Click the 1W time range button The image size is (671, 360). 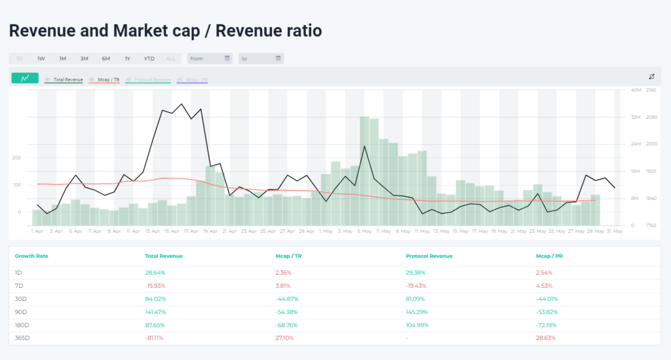[41, 58]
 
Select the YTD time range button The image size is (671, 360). [149, 58]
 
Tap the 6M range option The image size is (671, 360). [105, 58]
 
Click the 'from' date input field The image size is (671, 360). [209, 58]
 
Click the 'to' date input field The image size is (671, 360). [260, 58]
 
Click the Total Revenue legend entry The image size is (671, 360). [67, 79]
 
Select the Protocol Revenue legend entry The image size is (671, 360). [152, 79]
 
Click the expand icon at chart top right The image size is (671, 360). [651, 77]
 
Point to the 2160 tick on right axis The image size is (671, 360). [651, 90]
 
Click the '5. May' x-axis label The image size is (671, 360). [364, 231]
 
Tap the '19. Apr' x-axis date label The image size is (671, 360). [211, 231]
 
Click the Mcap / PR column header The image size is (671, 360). [550, 256]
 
